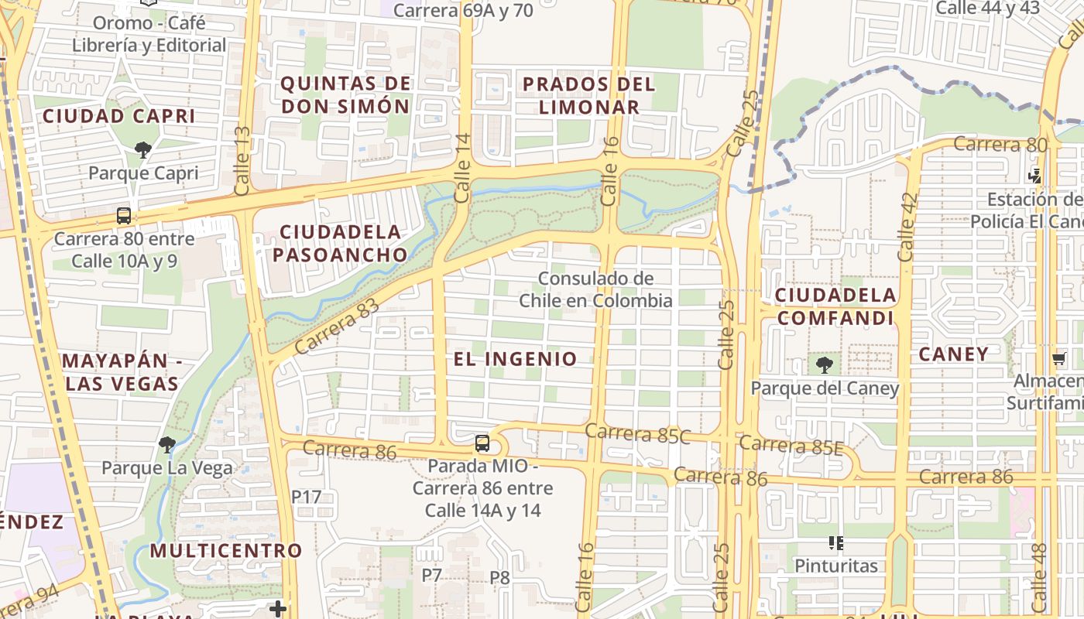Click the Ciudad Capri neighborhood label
pos(118,116)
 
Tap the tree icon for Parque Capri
pos(142,149)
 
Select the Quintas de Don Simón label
pos(345,94)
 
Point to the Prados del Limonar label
pos(588,94)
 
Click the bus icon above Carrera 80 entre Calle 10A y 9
pos(124,216)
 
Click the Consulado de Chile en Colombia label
pos(595,289)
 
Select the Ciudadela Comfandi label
pos(835,306)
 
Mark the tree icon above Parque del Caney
pos(824,364)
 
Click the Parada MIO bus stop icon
pos(482,443)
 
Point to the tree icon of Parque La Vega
pos(166,444)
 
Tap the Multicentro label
pos(225,551)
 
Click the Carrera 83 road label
pos(338,327)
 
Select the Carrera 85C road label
pos(637,433)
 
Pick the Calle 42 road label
pos(906,226)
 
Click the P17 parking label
pos(306,497)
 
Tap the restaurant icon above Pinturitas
pos(835,543)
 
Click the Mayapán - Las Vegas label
pos(122,372)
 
